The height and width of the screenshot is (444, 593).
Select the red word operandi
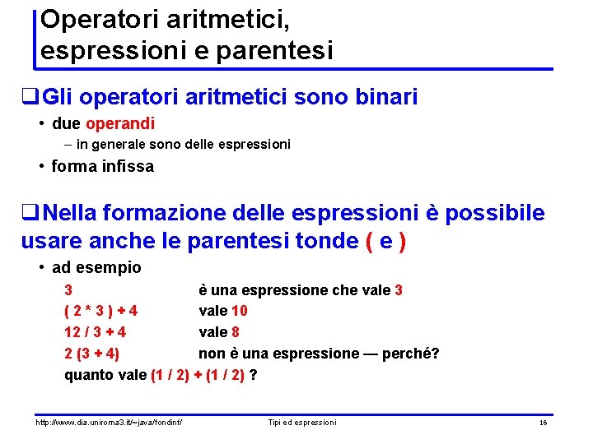click(119, 124)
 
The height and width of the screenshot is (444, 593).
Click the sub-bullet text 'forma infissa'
click(102, 166)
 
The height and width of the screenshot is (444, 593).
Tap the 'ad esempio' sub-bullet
click(96, 267)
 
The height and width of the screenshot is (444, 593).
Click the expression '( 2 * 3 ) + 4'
click(100, 312)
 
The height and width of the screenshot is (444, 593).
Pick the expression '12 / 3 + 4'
click(95, 333)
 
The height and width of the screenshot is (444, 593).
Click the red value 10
click(239, 312)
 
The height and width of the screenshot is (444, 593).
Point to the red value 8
click(235, 333)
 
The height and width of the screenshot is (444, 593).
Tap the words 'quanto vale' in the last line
click(105, 376)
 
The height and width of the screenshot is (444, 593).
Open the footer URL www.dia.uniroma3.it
click(108, 423)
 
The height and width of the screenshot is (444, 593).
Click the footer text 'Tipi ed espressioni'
click(302, 423)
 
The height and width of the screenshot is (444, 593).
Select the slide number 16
click(543, 423)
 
